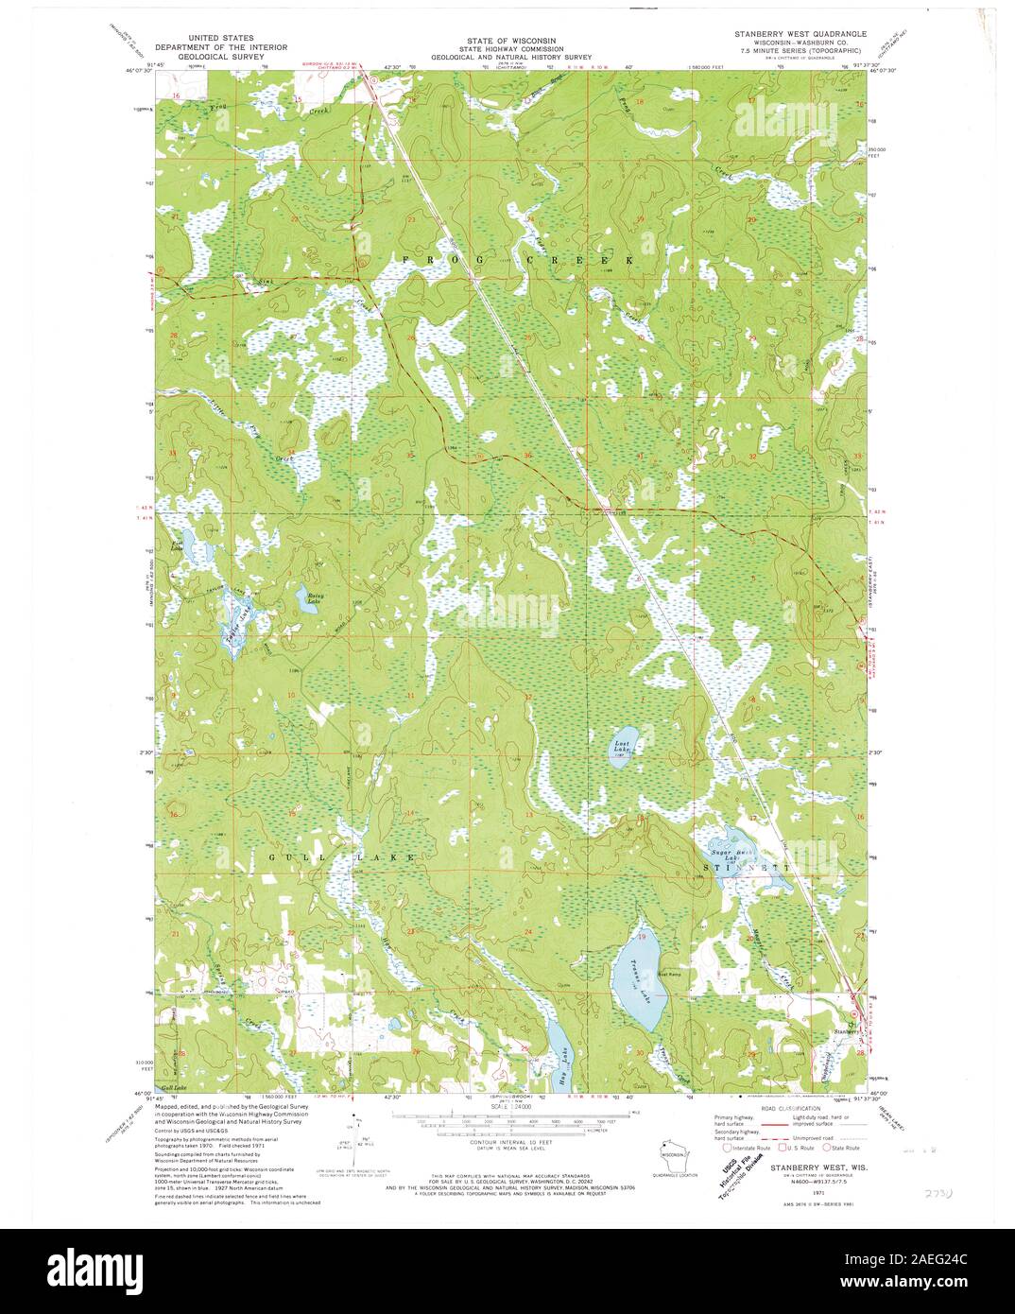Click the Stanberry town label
(846, 1030)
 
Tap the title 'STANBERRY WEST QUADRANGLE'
(797, 33)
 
